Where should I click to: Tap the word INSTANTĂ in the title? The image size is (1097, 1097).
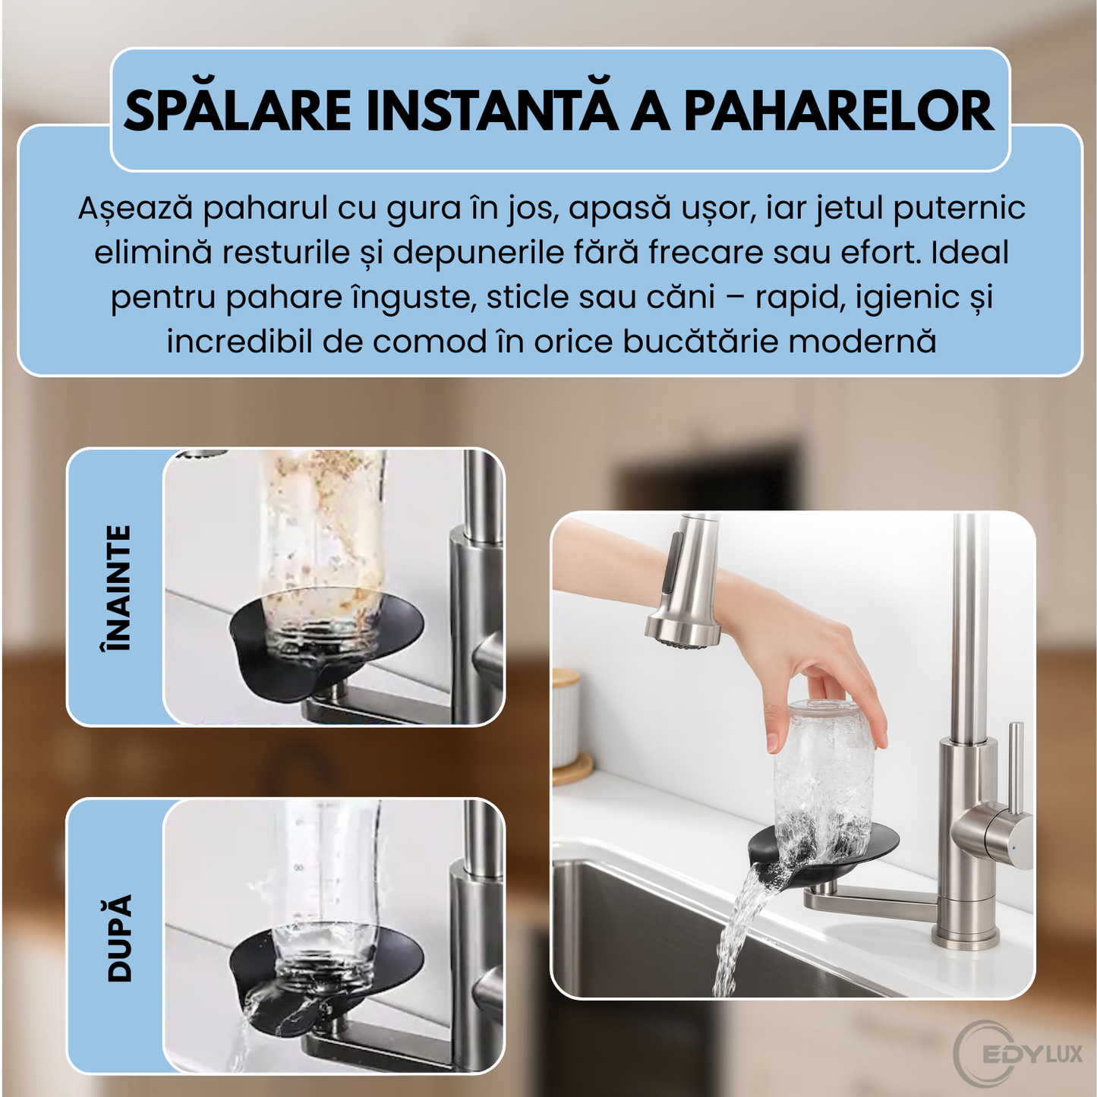pos(491,111)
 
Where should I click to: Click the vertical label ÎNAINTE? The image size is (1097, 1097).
pos(117,587)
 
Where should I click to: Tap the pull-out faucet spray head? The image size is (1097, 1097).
pos(684,585)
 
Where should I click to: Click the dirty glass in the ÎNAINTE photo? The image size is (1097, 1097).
pos(323,547)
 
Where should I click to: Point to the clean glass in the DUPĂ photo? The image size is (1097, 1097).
pos(326,896)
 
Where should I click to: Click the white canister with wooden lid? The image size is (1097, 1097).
pos(566,721)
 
